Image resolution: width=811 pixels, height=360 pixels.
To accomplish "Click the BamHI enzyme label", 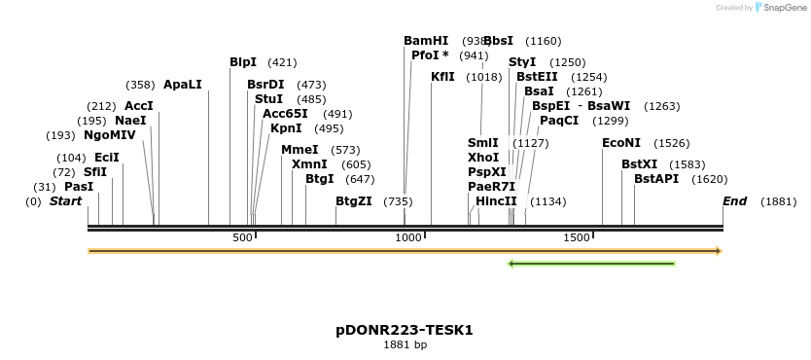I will pyautogui.click(x=426, y=41).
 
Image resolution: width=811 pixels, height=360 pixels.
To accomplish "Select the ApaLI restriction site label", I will pyautogui.click(x=183, y=85).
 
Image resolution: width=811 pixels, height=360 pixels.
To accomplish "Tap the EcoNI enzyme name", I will pyautogui.click(x=621, y=143).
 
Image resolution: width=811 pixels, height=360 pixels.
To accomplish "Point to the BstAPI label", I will pyautogui.click(x=656, y=179).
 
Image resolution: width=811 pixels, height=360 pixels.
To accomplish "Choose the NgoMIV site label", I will pyautogui.click(x=110, y=135).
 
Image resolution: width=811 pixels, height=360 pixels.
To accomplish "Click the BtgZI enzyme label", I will pyautogui.click(x=354, y=201).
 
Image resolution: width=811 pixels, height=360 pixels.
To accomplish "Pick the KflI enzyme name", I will pyautogui.click(x=442, y=77).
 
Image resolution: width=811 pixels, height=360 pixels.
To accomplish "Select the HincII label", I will pyautogui.click(x=496, y=201).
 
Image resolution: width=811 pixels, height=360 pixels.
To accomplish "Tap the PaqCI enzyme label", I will pyautogui.click(x=559, y=121).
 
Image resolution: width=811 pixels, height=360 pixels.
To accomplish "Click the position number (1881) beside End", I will pyautogui.click(x=778, y=201).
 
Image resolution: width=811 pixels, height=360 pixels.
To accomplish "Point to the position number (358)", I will pyautogui.click(x=140, y=85).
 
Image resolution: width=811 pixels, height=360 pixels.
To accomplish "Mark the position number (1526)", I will pyautogui.click(x=671, y=143).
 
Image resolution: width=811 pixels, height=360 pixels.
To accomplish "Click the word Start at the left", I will pyautogui.click(x=65, y=201).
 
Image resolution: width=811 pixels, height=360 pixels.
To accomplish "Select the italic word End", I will pyautogui.click(x=734, y=201).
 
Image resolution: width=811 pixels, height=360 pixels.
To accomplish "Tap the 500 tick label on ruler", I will pyautogui.click(x=242, y=237).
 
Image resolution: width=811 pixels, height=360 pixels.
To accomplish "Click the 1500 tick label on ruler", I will pyautogui.click(x=577, y=237).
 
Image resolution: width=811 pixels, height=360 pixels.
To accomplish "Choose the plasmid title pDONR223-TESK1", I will pyautogui.click(x=405, y=330).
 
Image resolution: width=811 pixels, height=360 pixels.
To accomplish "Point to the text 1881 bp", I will pyautogui.click(x=405, y=344).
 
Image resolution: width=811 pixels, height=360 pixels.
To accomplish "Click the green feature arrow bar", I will pyautogui.click(x=591, y=263).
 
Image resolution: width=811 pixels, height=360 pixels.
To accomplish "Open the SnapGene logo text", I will pyautogui.click(x=786, y=8).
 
